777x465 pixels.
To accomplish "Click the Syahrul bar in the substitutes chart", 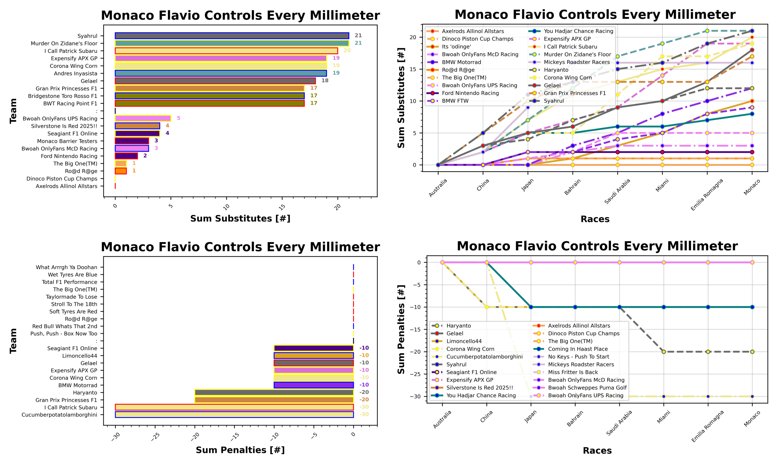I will pyautogui.click(x=232, y=36).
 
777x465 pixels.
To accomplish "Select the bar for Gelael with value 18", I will pyautogui.click(x=215, y=81).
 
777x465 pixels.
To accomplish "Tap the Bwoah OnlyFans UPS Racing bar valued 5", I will pyautogui.click(x=143, y=118).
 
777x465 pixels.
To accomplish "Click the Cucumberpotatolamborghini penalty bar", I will pyautogui.click(x=234, y=415).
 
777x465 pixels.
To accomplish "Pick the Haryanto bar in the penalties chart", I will pyautogui.click(x=274, y=393).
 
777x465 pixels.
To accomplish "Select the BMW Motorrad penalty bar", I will pyautogui.click(x=313, y=385).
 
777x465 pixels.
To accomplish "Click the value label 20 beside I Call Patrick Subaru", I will pyautogui.click(x=347, y=51).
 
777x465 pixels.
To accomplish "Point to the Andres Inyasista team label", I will pyautogui.click(x=76, y=74).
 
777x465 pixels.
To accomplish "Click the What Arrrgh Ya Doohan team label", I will pyautogui.click(x=66, y=267).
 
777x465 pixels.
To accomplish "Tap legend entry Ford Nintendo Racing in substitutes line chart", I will pyautogui.click(x=470, y=93).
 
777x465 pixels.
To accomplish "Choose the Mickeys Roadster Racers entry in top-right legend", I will pyautogui.click(x=577, y=62).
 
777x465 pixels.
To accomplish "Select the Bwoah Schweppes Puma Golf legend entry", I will pyautogui.click(x=587, y=388).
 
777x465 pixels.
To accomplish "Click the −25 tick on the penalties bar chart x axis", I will pyautogui.click(x=155, y=436).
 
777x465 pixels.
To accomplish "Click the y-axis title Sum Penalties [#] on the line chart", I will pyautogui.click(x=401, y=329).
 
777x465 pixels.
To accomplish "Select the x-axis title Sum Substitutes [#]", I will pyautogui.click(x=240, y=218).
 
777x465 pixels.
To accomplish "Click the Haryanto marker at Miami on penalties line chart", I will pyautogui.click(x=664, y=352).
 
